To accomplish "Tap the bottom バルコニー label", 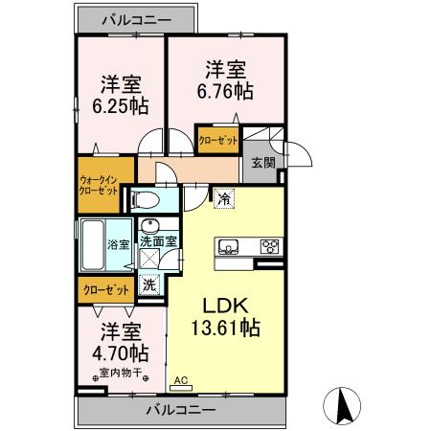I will pos(180,410).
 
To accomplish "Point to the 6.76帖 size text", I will pos(227,91).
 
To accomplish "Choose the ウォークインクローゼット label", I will pos(99,183).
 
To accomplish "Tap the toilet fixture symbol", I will pos(145,200).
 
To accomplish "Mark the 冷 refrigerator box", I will pos(222,199).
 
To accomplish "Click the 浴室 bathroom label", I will pos(118,244).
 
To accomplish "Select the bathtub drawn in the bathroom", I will pos(92,247).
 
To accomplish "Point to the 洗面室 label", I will pos(158,242).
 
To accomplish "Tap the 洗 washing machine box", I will pos(149,284).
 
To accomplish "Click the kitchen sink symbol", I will pos(228,247).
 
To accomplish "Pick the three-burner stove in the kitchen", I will pos(269,247).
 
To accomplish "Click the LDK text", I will pos(224,306).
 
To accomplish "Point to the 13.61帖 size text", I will pos(225,328).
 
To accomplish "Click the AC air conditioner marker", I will pos(180,380).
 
